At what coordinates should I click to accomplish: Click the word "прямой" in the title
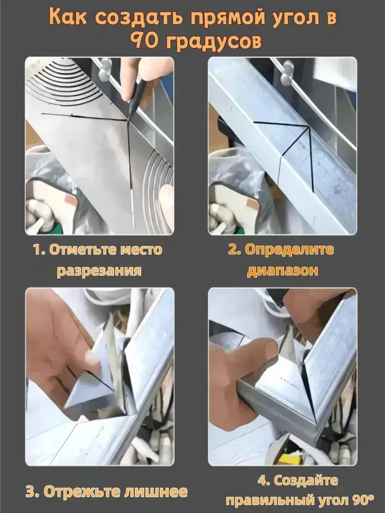223,18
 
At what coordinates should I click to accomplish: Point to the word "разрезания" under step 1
99,271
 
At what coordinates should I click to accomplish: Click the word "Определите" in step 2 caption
289,250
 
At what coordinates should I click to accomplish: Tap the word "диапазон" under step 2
283,271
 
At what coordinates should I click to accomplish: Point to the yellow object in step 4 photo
289,458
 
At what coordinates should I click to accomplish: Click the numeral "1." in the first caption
39,250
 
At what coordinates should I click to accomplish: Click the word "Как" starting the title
68,18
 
